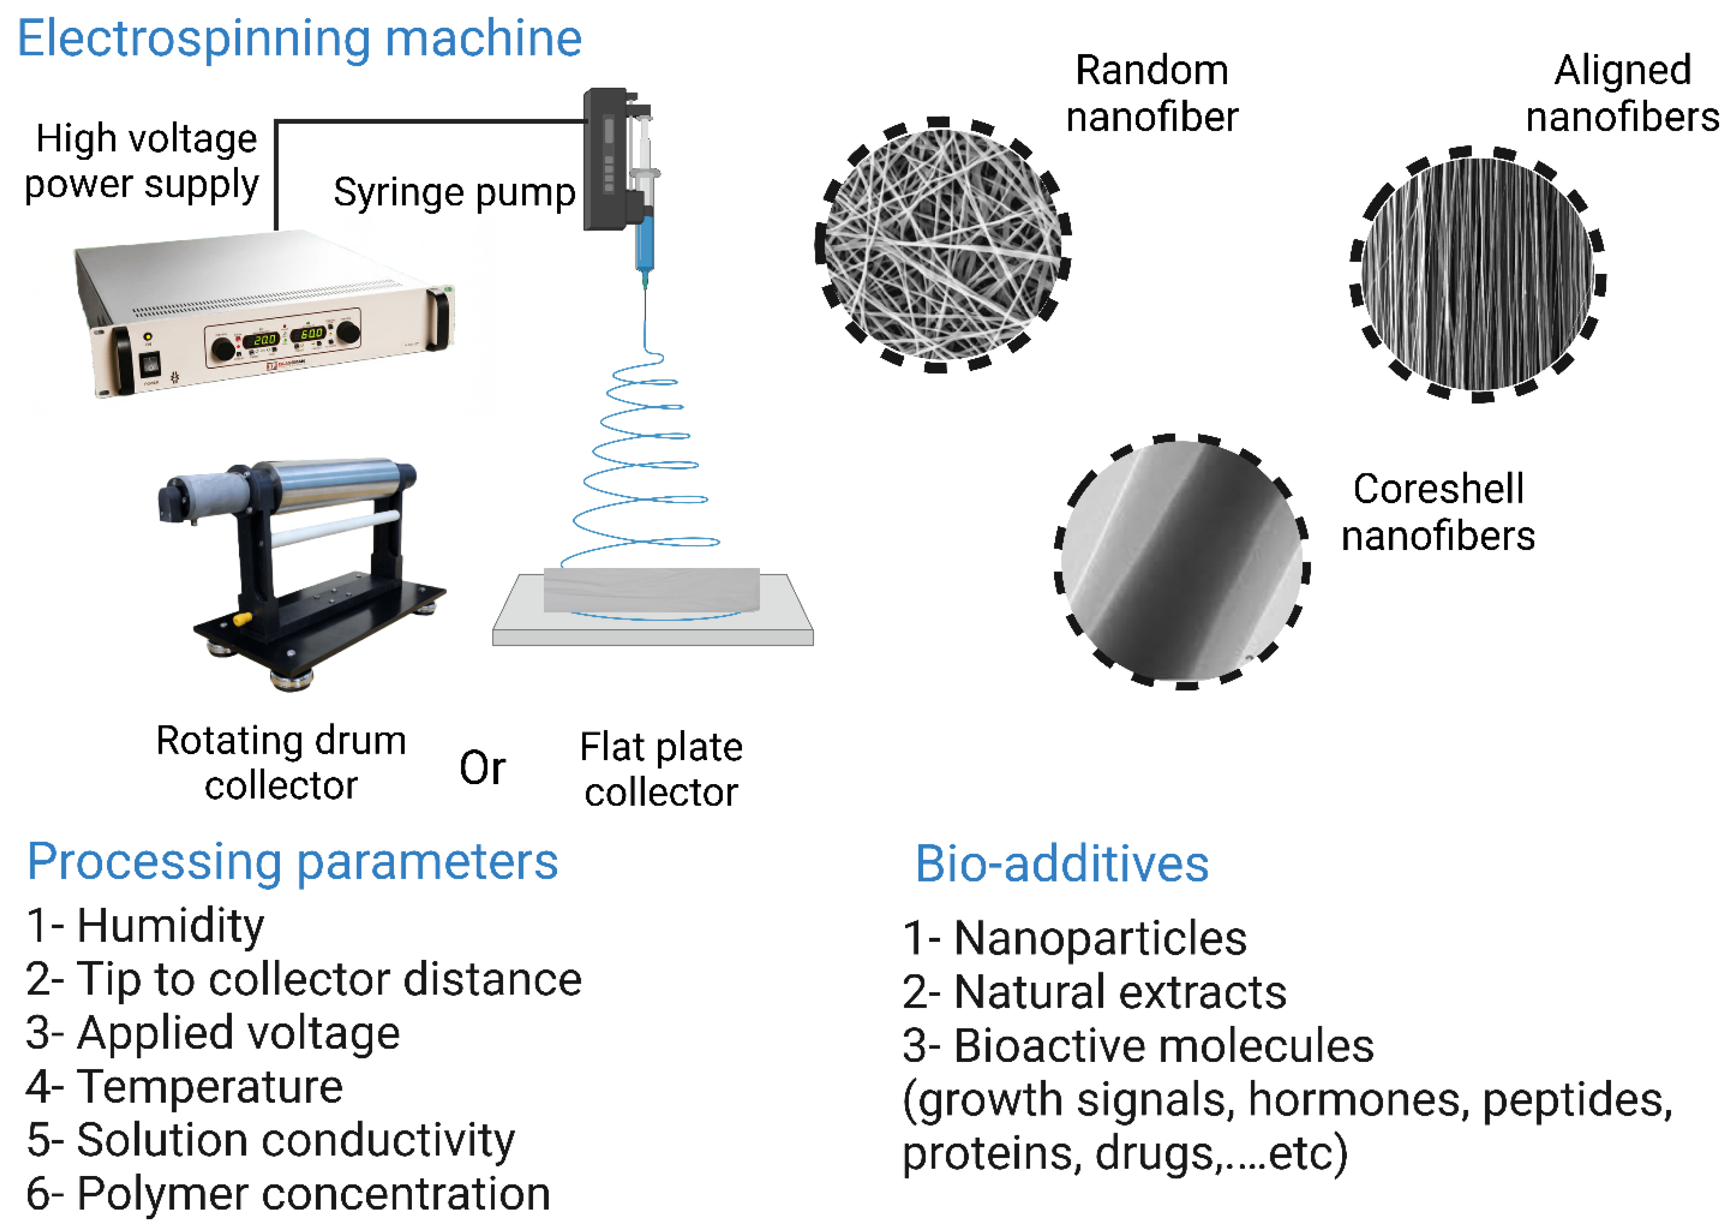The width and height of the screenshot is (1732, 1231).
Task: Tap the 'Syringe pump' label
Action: click(455, 192)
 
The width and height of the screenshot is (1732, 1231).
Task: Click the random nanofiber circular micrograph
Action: click(943, 244)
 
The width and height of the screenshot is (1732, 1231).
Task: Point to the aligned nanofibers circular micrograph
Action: click(1478, 274)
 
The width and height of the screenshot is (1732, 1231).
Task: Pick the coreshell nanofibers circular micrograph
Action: click(1182, 562)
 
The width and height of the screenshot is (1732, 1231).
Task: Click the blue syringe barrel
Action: click(645, 243)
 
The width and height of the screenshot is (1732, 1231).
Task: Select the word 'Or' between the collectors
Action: click(483, 768)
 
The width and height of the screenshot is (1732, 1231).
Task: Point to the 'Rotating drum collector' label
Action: click(281, 763)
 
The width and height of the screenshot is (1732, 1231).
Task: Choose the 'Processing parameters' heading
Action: click(293, 862)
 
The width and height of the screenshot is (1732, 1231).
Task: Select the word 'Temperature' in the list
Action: click(210, 1086)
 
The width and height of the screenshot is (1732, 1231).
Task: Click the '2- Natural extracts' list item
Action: click(1094, 991)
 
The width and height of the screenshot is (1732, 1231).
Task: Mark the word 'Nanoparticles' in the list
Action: click(1100, 938)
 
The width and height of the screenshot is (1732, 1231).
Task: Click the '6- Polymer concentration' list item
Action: click(288, 1194)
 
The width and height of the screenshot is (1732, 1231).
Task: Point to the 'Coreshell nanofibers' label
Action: click(1438, 512)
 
